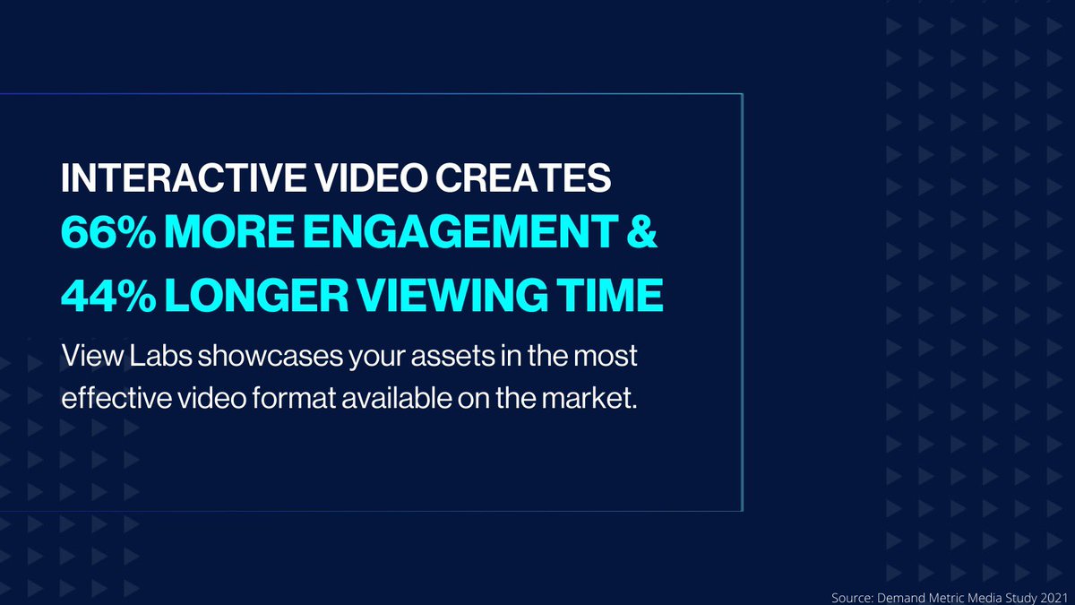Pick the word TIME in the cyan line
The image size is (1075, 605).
(x=618, y=296)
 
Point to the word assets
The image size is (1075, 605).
(x=426, y=357)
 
